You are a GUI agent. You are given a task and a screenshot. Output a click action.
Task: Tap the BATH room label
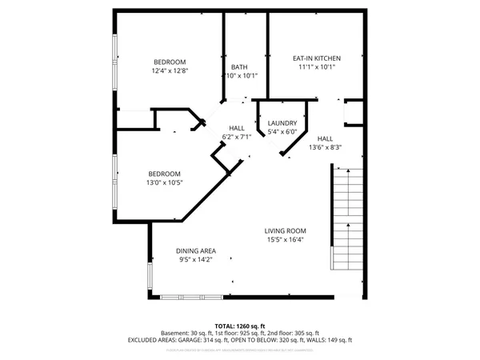click(x=239, y=67)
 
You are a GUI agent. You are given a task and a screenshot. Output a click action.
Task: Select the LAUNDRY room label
click(x=282, y=122)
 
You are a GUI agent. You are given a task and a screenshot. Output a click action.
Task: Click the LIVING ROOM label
click(x=286, y=230)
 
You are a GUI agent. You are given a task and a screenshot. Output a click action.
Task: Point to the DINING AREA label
click(x=196, y=250)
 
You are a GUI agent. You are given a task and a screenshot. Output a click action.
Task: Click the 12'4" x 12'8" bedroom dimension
click(x=169, y=71)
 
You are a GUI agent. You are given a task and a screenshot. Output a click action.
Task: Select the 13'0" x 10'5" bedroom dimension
click(x=164, y=182)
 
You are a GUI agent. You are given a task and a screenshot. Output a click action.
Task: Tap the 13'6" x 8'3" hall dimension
click(x=325, y=146)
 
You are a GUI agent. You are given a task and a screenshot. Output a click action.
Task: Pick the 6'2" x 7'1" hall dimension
click(x=237, y=137)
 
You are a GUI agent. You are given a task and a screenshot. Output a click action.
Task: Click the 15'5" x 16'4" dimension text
click(x=286, y=239)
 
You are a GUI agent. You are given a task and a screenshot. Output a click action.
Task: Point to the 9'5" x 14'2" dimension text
click(x=196, y=259)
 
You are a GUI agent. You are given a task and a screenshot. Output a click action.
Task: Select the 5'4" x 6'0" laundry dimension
click(x=282, y=132)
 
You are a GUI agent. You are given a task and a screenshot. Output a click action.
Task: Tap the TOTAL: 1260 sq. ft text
click(x=240, y=326)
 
